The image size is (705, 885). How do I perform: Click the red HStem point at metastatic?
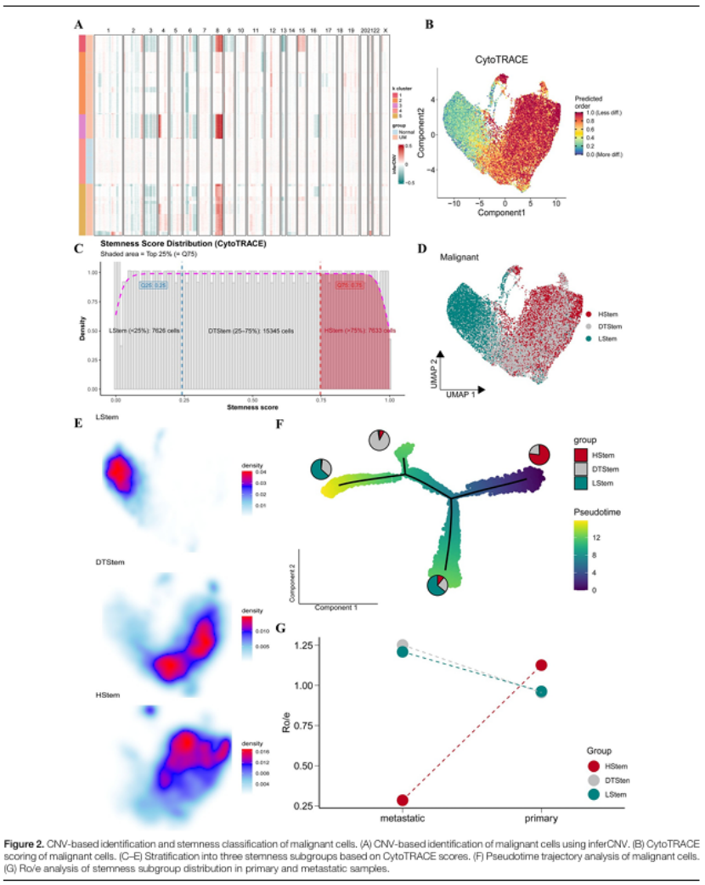tap(403, 800)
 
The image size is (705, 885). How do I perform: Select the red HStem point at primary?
tap(541, 665)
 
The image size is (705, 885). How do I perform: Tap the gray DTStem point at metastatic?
tap(403, 645)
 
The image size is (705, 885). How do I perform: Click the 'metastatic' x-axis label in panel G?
tap(403, 819)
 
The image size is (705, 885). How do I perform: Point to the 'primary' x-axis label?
tap(541, 819)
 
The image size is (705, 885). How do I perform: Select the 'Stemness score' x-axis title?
tap(251, 407)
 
